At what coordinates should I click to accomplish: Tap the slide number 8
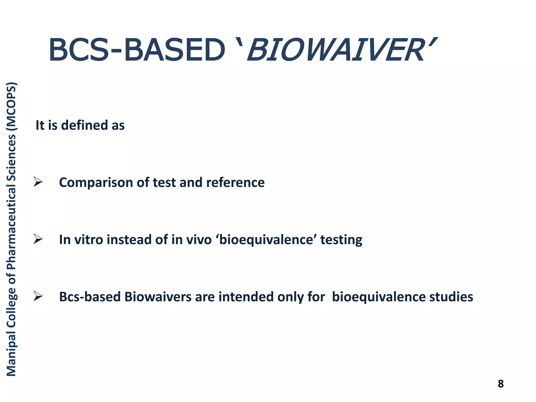pyautogui.click(x=500, y=384)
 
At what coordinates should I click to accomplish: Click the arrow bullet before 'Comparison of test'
pyautogui.click(x=38, y=182)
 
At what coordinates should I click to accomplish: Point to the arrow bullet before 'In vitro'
pyautogui.click(x=38, y=239)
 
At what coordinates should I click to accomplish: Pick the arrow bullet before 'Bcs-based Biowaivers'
pyautogui.click(x=38, y=296)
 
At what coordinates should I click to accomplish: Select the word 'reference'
pyautogui.click(x=235, y=182)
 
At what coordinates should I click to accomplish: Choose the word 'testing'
pyautogui.click(x=341, y=240)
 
